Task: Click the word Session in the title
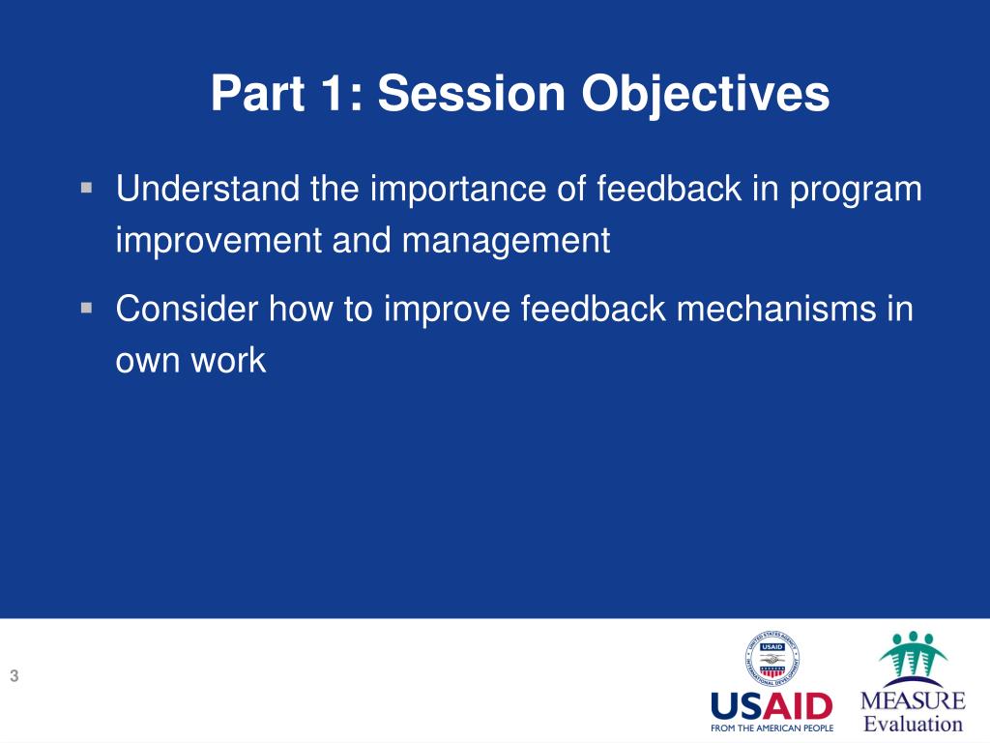pos(472,93)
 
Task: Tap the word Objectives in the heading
pos(705,95)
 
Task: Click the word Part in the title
pos(258,93)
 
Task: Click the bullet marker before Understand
pos(86,188)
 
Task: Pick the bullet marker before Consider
pos(86,308)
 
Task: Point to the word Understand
pos(208,189)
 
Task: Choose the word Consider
pos(188,309)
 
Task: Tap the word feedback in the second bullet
pos(594,309)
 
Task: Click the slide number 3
pos(15,676)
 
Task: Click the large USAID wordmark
pos(772,706)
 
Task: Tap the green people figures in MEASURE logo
pos(913,654)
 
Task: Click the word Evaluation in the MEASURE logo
pos(913,724)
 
